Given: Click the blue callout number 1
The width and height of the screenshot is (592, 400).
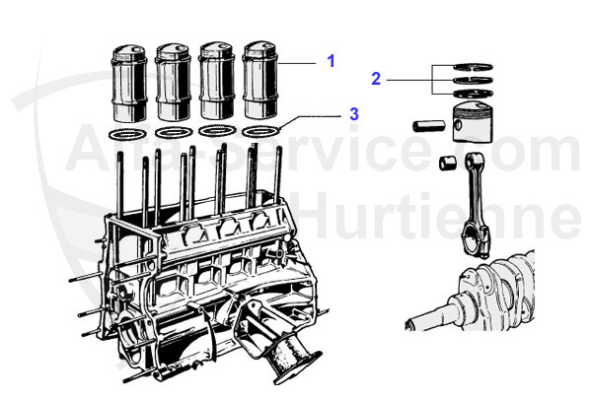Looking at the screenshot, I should pos(332,61).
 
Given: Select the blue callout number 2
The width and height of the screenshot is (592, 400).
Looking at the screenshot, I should pos(376,77).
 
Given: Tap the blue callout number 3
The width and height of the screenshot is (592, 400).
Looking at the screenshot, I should pos(353,114).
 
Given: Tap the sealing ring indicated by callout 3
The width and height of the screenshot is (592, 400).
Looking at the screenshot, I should pos(261,131).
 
